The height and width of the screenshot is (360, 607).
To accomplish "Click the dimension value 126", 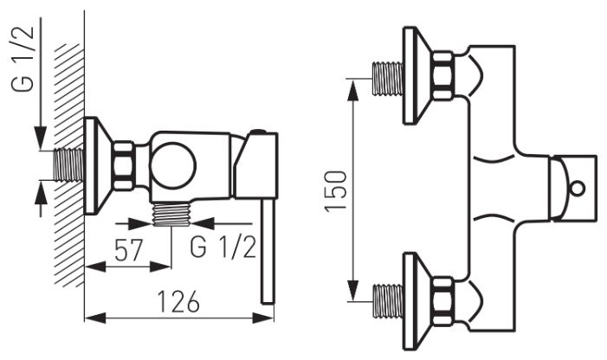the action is tap(178, 302).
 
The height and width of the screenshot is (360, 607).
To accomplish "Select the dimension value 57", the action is tap(129, 250).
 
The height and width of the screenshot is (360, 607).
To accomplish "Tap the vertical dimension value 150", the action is tap(335, 191).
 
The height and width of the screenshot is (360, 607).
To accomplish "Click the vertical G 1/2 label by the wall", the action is tap(23, 59).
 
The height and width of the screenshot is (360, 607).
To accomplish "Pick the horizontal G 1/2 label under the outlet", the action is tap(223, 247).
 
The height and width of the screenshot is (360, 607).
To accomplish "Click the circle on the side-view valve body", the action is tap(173, 166).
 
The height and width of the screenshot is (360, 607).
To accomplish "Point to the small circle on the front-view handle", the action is tap(578, 189).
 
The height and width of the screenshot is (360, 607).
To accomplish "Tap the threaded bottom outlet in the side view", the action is tap(171, 215).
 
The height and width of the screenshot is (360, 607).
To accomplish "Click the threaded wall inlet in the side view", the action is tap(68, 164).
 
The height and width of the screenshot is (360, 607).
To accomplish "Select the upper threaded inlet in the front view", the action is tap(388, 79).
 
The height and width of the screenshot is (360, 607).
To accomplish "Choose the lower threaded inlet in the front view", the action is tap(388, 301).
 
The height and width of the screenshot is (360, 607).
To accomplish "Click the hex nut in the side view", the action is tap(124, 166).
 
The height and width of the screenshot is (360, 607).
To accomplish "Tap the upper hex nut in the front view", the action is tap(442, 75).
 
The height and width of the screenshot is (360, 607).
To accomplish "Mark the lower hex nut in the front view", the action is tap(442, 302).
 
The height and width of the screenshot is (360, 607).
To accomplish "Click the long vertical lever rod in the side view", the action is tap(268, 251).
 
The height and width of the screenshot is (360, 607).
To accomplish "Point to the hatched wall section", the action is tap(69, 165).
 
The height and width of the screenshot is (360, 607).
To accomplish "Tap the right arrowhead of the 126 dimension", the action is tap(263, 318).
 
